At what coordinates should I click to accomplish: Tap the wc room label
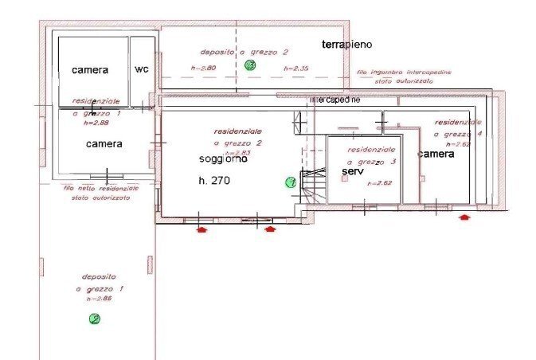(x=141, y=69)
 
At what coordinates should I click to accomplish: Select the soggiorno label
(x=223, y=159)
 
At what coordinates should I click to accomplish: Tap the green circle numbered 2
(x=95, y=319)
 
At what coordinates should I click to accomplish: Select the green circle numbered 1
(x=291, y=182)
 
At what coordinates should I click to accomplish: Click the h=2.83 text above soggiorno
(x=238, y=151)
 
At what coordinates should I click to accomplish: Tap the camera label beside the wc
(x=90, y=70)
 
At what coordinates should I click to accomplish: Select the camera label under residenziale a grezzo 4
(x=436, y=154)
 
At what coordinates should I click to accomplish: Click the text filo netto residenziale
(x=100, y=188)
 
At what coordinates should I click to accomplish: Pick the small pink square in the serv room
(x=344, y=179)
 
